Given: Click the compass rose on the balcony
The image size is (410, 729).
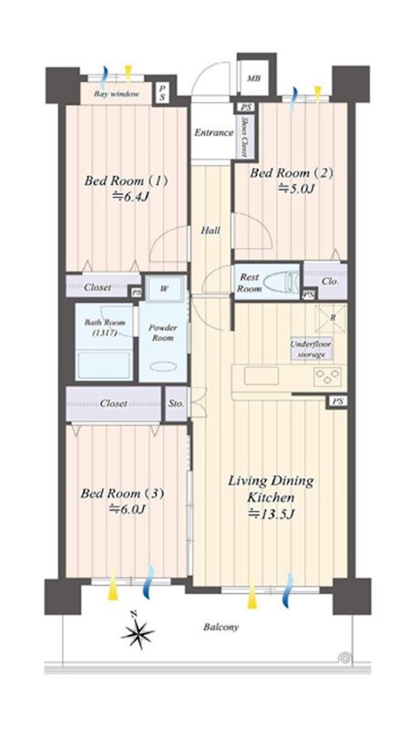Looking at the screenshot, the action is coord(138,631).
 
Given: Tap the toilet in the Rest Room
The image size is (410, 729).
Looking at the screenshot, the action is coord(281,282).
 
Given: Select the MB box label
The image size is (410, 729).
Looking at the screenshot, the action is coord(253,78).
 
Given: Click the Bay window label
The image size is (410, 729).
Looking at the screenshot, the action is coord(117,95).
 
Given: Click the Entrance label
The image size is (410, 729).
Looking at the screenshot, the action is coord(213,132).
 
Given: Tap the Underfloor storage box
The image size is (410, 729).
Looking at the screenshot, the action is coord(311,349).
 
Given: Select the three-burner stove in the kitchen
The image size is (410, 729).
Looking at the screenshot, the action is coord(329,375).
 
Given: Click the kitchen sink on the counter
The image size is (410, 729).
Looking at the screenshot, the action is coord(261,375).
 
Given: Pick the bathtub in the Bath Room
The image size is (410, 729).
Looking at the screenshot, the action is coord(103,365).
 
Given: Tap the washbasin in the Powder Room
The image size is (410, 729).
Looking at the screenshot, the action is coord(163,366).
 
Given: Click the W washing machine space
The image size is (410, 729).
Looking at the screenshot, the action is coord(165,288).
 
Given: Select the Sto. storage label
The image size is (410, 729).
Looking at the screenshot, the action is coord(176,404).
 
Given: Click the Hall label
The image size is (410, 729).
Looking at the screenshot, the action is coord(210,231).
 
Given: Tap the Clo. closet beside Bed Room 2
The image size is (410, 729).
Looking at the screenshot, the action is coord(330,282).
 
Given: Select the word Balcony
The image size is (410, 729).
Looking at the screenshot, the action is coord(220,627).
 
